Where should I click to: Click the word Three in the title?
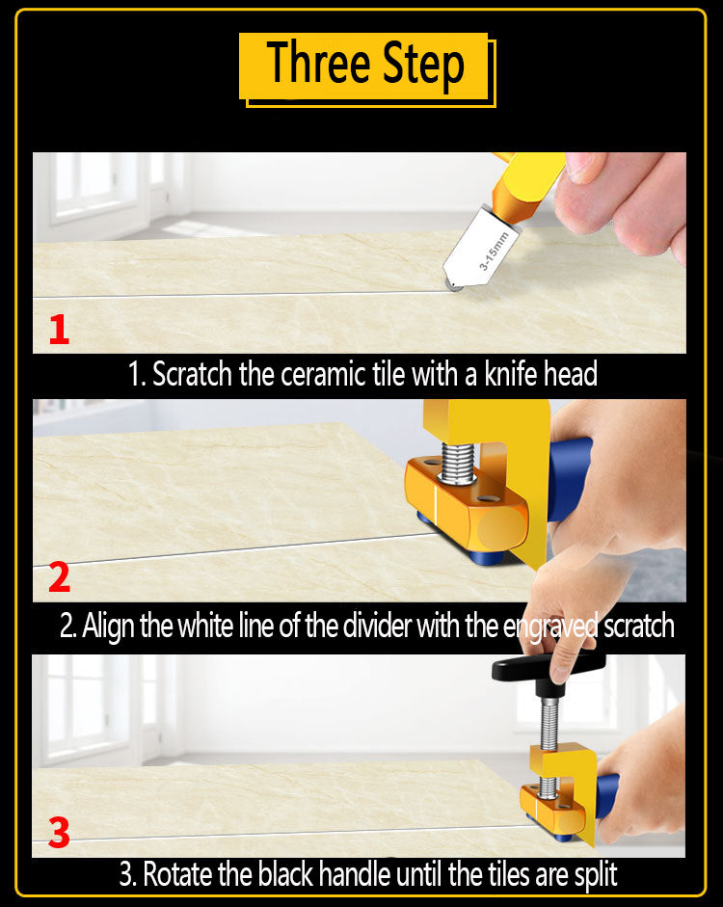point(318,63)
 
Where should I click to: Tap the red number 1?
point(59,330)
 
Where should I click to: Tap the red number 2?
point(59,577)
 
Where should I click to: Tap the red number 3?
point(59,833)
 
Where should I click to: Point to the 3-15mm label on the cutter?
point(494,251)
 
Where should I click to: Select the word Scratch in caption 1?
point(192,374)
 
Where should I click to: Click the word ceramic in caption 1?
point(324,374)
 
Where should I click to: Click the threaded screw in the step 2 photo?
point(458,463)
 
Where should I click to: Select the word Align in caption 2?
point(108,627)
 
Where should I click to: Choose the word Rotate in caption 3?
point(178,874)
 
